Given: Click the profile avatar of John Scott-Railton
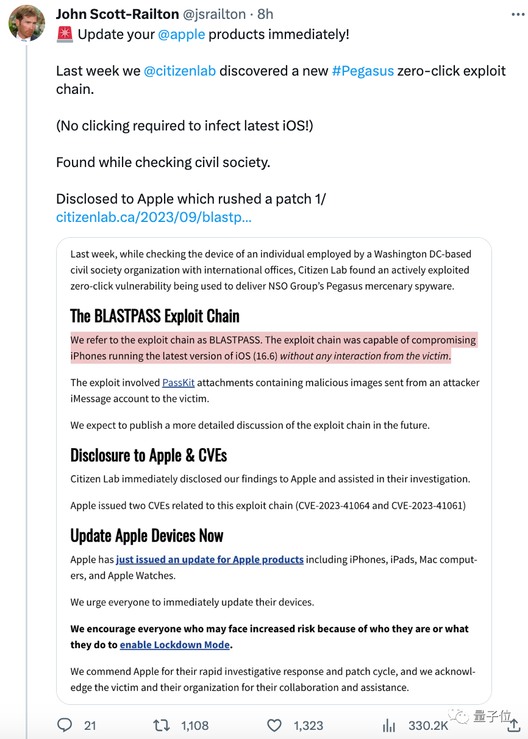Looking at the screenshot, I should [x=27, y=23].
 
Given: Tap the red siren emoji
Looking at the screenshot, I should [x=65, y=34].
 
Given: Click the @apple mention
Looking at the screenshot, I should [x=181, y=34].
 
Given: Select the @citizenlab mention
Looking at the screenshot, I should [x=179, y=71].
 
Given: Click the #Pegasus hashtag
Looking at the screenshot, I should [x=362, y=71].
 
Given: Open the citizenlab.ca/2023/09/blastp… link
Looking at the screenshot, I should [x=154, y=217].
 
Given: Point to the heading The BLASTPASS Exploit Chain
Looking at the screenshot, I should [x=155, y=316].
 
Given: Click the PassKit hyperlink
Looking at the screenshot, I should [x=178, y=383].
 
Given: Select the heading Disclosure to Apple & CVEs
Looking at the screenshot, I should [x=149, y=455].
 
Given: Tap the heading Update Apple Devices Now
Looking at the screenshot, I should [x=147, y=536].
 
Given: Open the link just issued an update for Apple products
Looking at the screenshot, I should [x=210, y=560].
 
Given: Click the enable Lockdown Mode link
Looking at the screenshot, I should [x=175, y=644].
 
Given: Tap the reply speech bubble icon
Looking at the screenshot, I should [x=65, y=725].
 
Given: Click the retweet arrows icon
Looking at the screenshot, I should [x=162, y=725].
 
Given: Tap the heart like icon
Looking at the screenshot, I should [x=275, y=725].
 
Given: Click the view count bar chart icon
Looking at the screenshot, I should [x=388, y=725].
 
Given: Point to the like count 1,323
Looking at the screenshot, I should [x=309, y=726].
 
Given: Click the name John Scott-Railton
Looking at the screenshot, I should [x=118, y=14].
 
